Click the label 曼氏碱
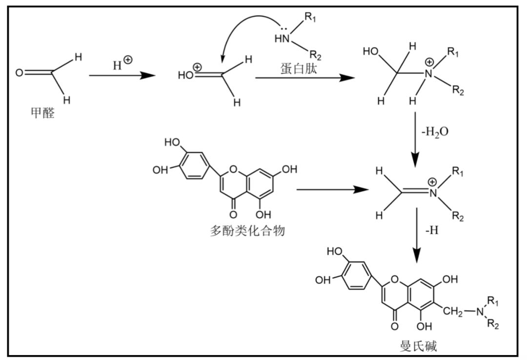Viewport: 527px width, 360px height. coord(418,346)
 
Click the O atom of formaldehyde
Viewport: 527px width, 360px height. coord(19,73)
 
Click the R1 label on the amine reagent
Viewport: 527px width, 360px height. coord(310,18)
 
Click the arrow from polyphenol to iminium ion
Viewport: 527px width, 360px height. coord(332,189)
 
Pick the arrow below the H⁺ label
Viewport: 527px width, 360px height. coord(122,76)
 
